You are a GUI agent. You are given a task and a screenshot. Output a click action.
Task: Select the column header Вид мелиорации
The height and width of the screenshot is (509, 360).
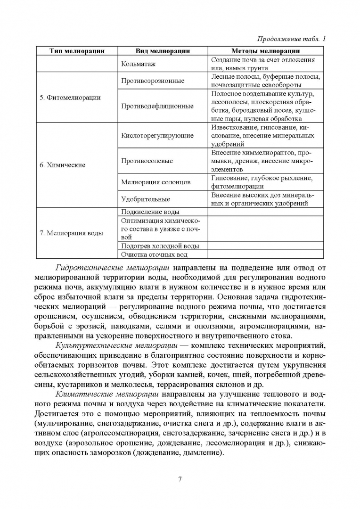tap(163, 51)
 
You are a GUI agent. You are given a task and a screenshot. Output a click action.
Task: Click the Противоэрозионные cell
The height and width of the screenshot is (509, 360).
tap(153, 81)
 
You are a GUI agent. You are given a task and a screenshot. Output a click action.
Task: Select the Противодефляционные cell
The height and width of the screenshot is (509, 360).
tap(157, 106)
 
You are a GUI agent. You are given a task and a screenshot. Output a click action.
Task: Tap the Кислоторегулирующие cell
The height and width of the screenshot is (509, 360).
tap(157, 136)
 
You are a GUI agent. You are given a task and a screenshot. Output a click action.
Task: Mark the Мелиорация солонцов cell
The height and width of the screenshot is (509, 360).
tap(155, 182)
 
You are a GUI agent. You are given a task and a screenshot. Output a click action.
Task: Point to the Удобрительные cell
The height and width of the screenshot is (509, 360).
tap(146, 199)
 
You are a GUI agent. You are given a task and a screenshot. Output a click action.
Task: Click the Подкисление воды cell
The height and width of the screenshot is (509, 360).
tap(150, 212)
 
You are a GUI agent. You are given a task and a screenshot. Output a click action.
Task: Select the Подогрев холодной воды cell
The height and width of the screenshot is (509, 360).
tap(160, 246)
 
